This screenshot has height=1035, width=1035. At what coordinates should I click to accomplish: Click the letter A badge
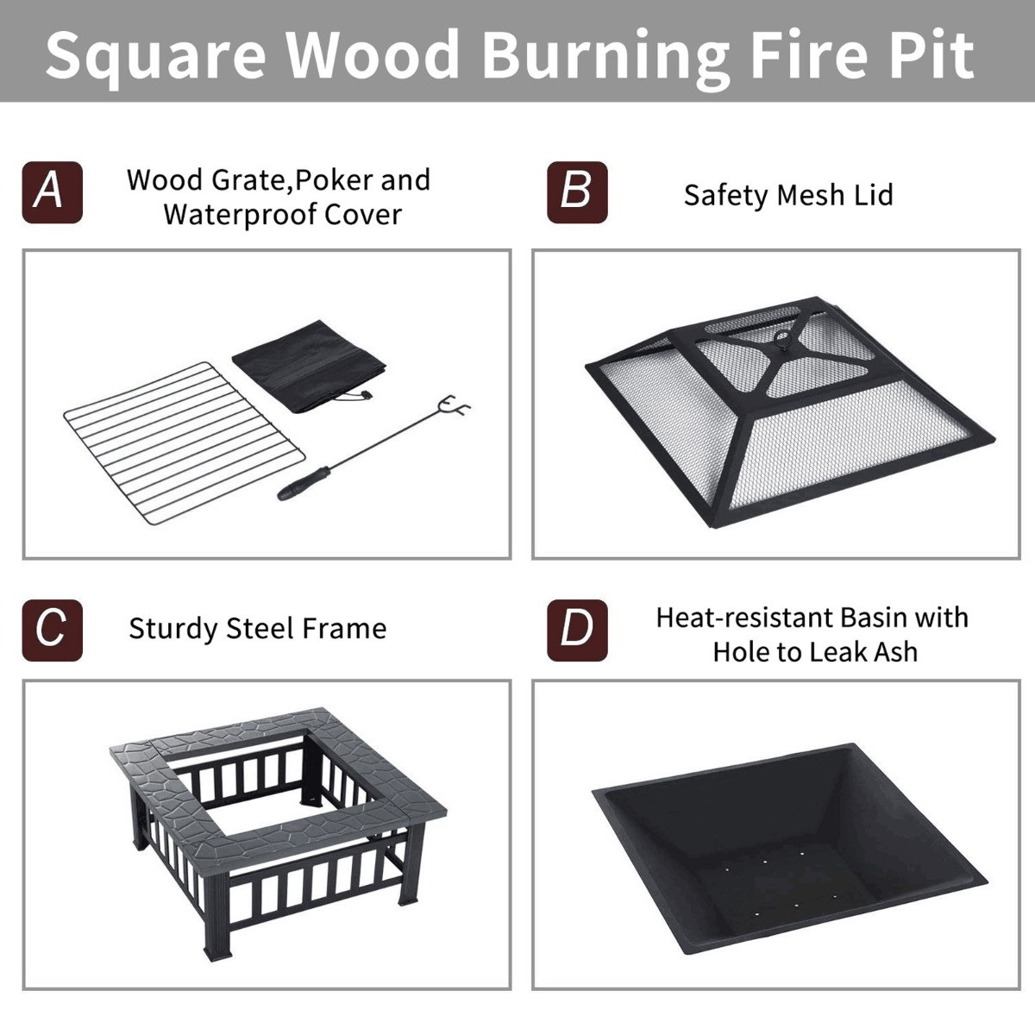52,192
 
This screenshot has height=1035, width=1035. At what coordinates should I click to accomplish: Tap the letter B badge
577,192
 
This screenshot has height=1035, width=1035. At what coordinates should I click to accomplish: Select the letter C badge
52,630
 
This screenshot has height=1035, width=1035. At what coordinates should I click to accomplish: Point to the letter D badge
577,630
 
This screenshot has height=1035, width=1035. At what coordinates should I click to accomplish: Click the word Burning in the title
605,56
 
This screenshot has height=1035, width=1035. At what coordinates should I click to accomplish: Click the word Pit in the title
931,53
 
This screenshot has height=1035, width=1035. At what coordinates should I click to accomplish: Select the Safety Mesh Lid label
788,196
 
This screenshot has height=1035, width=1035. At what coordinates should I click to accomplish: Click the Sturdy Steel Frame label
258,630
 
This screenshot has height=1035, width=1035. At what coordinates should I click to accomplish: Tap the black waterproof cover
310,367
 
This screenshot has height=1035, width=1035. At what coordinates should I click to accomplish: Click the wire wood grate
185,443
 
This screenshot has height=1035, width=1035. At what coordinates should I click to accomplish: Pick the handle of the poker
304,484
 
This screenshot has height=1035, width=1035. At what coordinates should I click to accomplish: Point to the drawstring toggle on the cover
368,397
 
